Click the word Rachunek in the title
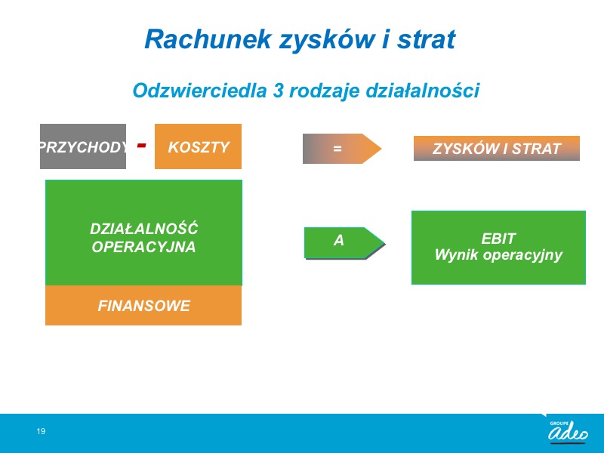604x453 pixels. tap(208, 39)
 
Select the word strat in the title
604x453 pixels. tap(427, 39)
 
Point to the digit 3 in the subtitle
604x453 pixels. tap(278, 91)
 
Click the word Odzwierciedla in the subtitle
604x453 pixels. tap(199, 91)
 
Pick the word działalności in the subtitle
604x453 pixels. tap(422, 91)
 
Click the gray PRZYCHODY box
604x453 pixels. tap(83, 146)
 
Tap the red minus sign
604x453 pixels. tap(142, 145)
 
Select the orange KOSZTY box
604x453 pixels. tap(198, 146)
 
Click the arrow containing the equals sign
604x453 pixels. tap(342, 149)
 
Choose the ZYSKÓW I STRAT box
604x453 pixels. tap(497, 148)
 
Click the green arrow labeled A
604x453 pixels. tap(344, 243)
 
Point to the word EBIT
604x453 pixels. tap(498, 239)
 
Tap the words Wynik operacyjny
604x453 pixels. tap(498, 255)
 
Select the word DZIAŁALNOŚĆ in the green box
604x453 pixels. tap(143, 228)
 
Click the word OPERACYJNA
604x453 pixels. tap(143, 247)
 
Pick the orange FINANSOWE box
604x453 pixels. tap(143, 306)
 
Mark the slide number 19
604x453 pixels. tap(41, 431)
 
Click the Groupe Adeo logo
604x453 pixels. tap(568, 431)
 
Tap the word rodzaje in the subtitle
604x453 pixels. tap(325, 91)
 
